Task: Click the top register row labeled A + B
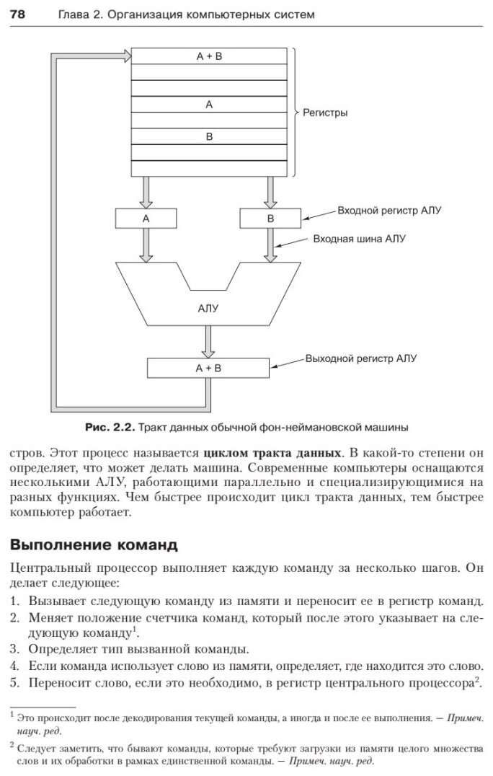pyautogui.click(x=209, y=56)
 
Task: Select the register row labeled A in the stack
pyautogui.click(x=209, y=105)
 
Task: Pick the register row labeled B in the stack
pyautogui.click(x=209, y=136)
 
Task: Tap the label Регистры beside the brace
pyautogui.click(x=326, y=113)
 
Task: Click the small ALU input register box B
pyautogui.click(x=270, y=218)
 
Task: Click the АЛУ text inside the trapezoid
pyautogui.click(x=208, y=308)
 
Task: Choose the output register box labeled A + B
pyautogui.click(x=208, y=368)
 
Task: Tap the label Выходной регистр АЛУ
pyautogui.click(x=361, y=357)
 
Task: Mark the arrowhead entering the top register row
pyautogui.click(x=127, y=56)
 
